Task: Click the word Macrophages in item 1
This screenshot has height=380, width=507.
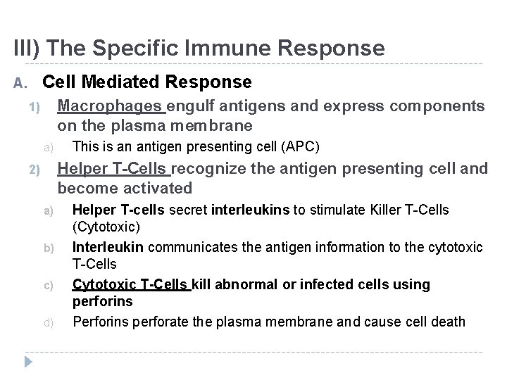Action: [x=111, y=106]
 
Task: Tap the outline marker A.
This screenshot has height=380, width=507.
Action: [x=20, y=84]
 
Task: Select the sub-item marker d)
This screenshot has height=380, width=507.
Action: [x=49, y=323]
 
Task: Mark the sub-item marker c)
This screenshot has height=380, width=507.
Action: [x=49, y=286]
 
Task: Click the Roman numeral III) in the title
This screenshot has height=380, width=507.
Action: [x=27, y=48]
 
